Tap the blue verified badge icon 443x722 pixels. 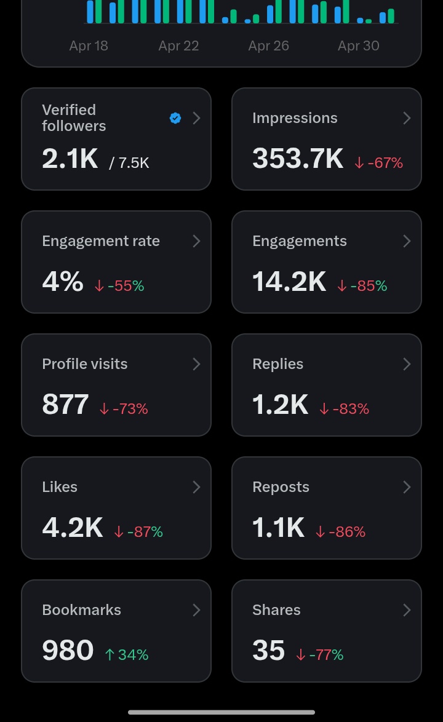(175, 118)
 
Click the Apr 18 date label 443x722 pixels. (89, 46)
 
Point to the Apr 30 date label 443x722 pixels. (358, 46)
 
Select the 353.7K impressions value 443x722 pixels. (297, 159)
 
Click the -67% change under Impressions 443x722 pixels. (378, 162)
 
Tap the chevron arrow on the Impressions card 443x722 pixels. (407, 118)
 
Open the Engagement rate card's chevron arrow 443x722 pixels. (197, 241)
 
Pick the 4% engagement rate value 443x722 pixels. (63, 281)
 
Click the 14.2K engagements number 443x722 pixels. (289, 281)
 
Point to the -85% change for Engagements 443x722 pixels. (362, 286)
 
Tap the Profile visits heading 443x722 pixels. (85, 363)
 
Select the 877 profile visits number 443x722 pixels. (65, 404)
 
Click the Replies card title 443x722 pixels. (277, 364)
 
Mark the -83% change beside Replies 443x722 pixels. (345, 409)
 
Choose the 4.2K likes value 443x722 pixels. (73, 527)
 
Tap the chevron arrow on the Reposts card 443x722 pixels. (407, 487)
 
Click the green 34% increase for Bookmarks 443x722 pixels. (127, 655)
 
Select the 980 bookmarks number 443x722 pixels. (68, 650)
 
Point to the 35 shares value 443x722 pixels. (268, 650)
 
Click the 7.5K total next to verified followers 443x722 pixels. (129, 162)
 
